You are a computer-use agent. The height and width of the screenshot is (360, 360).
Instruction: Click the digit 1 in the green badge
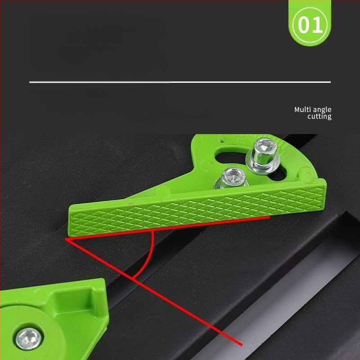tap(318, 25)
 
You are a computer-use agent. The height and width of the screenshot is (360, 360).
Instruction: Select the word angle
tap(322, 110)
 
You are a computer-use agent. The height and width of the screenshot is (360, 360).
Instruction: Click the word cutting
tap(319, 117)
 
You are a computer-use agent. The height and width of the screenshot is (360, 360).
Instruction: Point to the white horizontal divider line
tap(180, 82)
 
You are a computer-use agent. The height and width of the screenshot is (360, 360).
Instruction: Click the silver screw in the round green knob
tap(29, 339)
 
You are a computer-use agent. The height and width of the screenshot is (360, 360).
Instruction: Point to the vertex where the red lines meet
tap(66, 239)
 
